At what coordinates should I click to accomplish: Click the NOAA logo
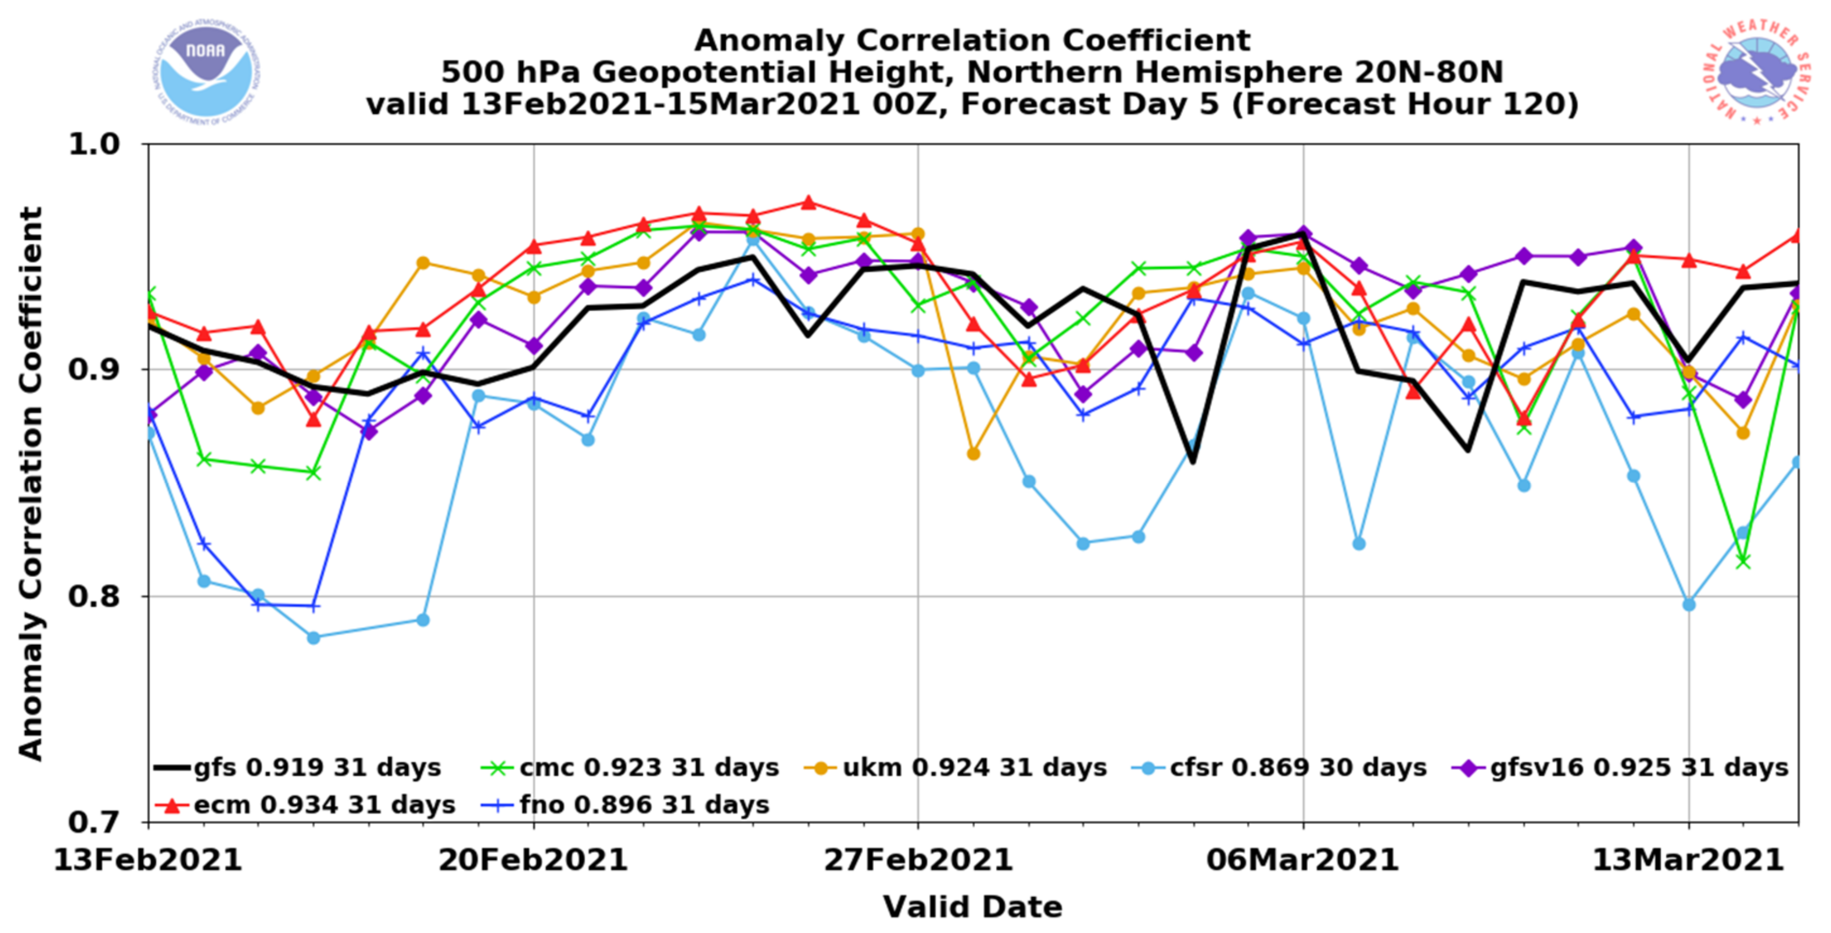pos(206,72)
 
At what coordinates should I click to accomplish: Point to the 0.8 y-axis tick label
pos(95,595)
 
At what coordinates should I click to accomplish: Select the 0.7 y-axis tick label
pos(95,822)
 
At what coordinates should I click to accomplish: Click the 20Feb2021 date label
pos(533,860)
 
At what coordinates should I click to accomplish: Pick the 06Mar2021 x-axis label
pos(1302,860)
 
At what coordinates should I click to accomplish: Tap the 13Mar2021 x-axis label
pos(1687,860)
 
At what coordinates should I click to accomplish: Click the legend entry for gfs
pos(298,767)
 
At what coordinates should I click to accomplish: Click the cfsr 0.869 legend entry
pos(1280,767)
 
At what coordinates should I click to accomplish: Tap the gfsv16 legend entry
pos(1620,767)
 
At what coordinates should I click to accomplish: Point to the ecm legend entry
pos(306,805)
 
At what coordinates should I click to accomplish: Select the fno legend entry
pos(625,805)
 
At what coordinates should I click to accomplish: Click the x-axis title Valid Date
pos(973,907)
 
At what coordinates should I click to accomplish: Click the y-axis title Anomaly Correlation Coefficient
pos(31,483)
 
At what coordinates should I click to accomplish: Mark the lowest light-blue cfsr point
pos(313,637)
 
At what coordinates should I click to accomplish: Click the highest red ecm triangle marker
pos(808,202)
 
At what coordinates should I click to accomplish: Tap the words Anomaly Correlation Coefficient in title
pos(973,40)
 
